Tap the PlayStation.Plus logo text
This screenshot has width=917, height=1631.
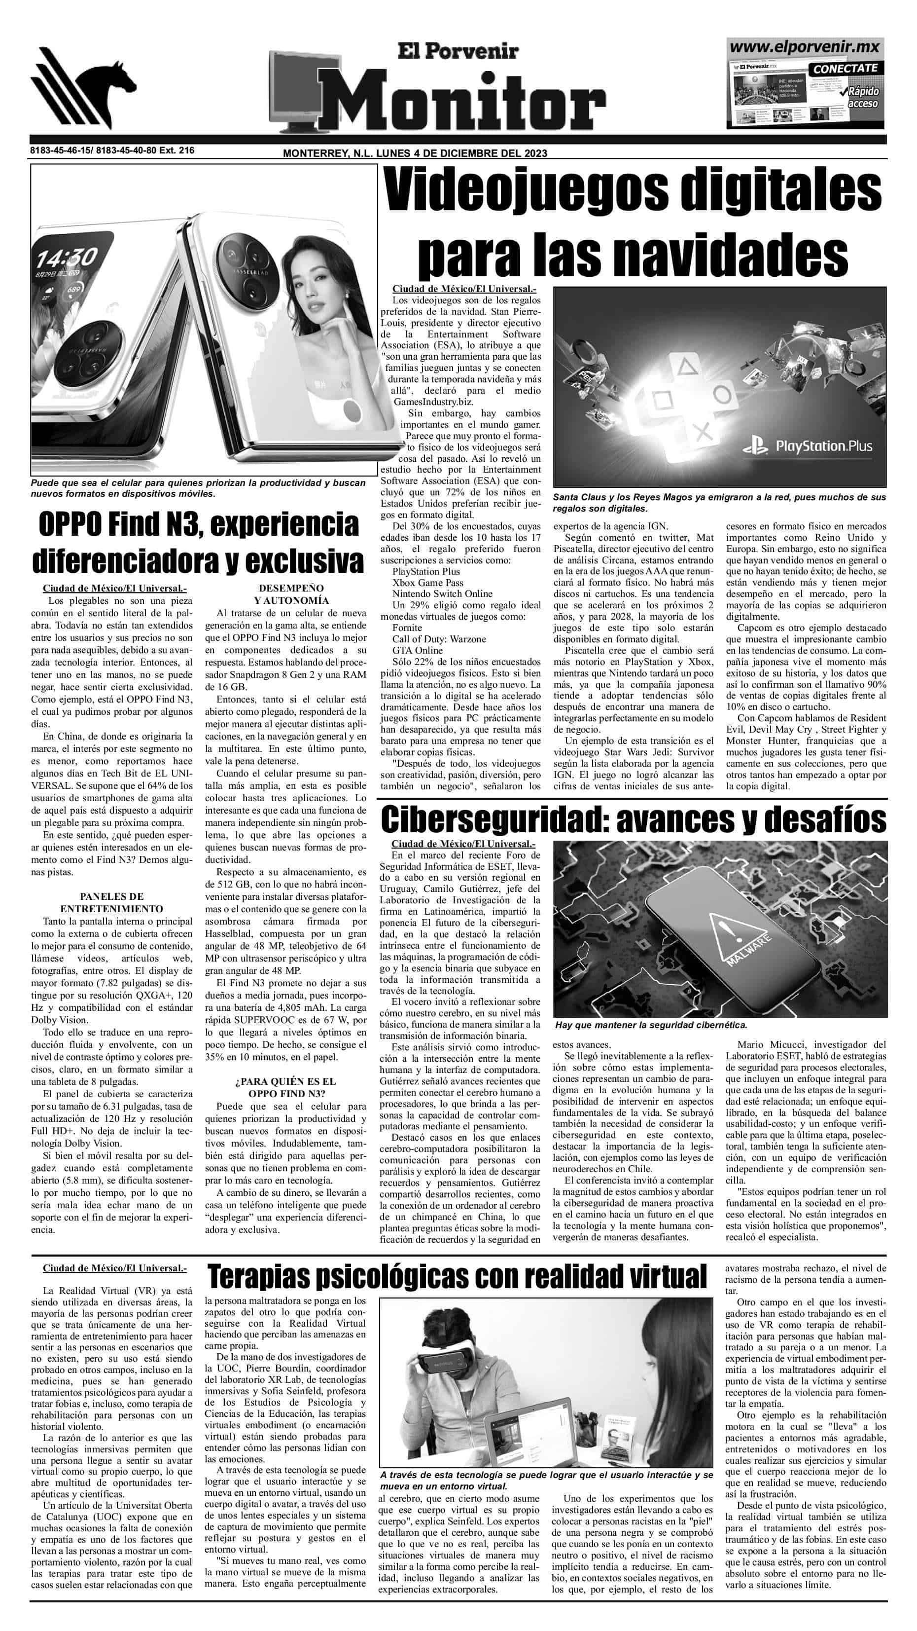tap(823, 446)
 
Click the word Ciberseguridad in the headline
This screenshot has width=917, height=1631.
tap(494, 820)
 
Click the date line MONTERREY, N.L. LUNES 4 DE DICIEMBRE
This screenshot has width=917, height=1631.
tap(415, 153)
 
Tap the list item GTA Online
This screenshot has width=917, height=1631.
tap(417, 650)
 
